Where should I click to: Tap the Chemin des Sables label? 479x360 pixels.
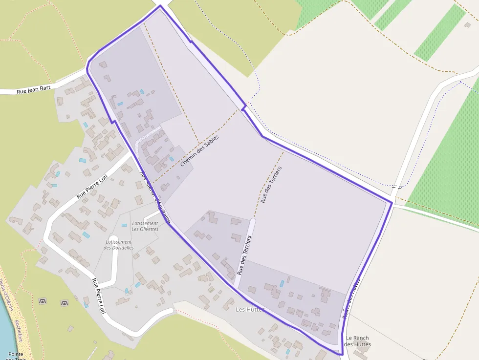[x=199, y=151]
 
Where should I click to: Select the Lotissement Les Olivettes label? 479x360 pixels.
[x=145, y=226]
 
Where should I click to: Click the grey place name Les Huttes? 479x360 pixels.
[x=249, y=309]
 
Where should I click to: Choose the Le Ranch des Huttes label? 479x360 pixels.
[x=357, y=341]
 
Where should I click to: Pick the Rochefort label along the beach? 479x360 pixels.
[x=19, y=331]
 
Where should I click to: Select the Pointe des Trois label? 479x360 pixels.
[x=17, y=355]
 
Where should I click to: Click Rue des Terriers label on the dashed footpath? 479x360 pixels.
[x=271, y=185]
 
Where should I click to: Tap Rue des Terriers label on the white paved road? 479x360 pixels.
[x=244, y=254]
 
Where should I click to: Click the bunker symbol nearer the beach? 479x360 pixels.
[x=43, y=301]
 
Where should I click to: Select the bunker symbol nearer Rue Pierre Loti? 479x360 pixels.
[x=64, y=303]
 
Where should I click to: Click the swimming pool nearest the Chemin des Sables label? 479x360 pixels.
[x=171, y=159]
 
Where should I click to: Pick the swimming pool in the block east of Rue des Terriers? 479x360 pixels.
[x=282, y=284]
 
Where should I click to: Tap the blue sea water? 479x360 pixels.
[x=5, y=332]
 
